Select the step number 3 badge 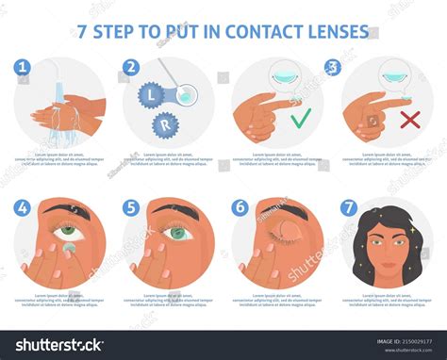[x=331, y=68]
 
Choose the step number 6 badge [x=240, y=205]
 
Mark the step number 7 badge [x=348, y=205]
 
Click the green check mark [x=301, y=121]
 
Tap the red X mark [x=410, y=121]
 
